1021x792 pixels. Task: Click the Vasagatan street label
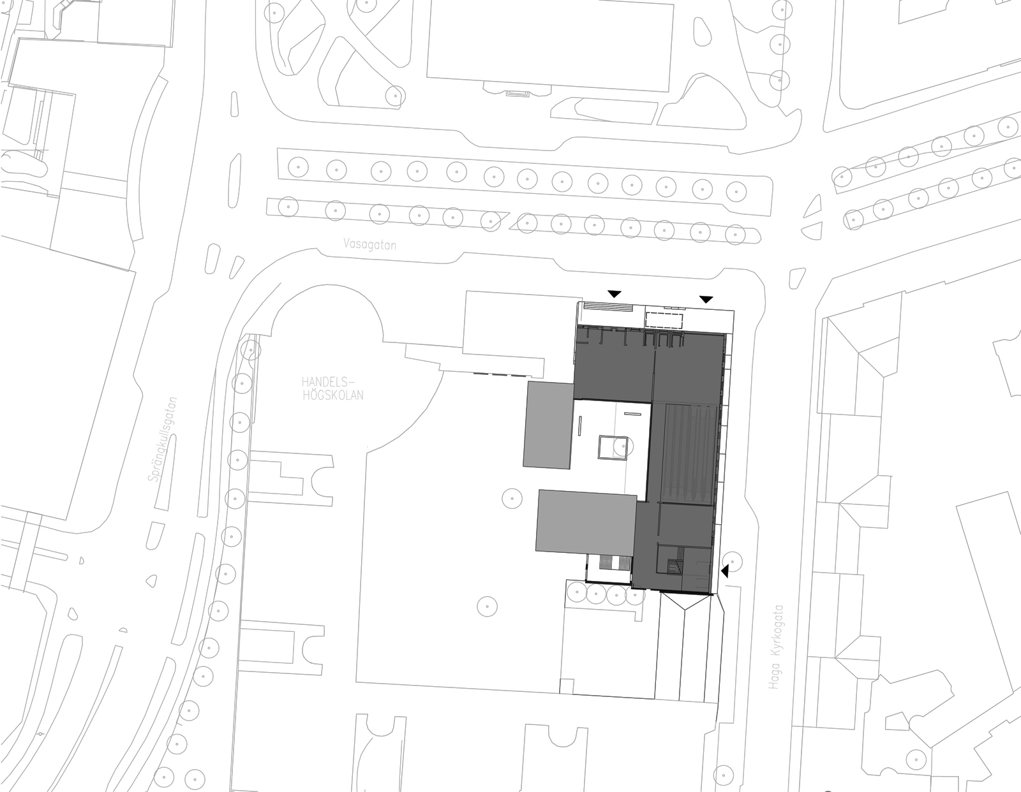click(x=369, y=245)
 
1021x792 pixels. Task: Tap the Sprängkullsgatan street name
click(x=163, y=439)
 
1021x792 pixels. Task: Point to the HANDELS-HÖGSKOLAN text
click(x=332, y=388)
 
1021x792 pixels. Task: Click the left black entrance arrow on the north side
click(x=614, y=295)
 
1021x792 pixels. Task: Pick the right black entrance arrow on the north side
click(x=706, y=299)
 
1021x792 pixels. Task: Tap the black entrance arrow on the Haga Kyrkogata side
click(x=724, y=571)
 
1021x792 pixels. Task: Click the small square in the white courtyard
click(x=613, y=447)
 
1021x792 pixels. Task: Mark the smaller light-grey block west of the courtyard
click(x=549, y=425)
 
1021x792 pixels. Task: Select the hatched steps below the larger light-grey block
click(x=609, y=562)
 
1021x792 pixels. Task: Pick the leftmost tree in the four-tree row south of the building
click(x=576, y=593)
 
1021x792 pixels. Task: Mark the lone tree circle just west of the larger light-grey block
click(x=512, y=498)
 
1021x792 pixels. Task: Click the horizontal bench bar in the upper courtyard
click(x=633, y=414)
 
